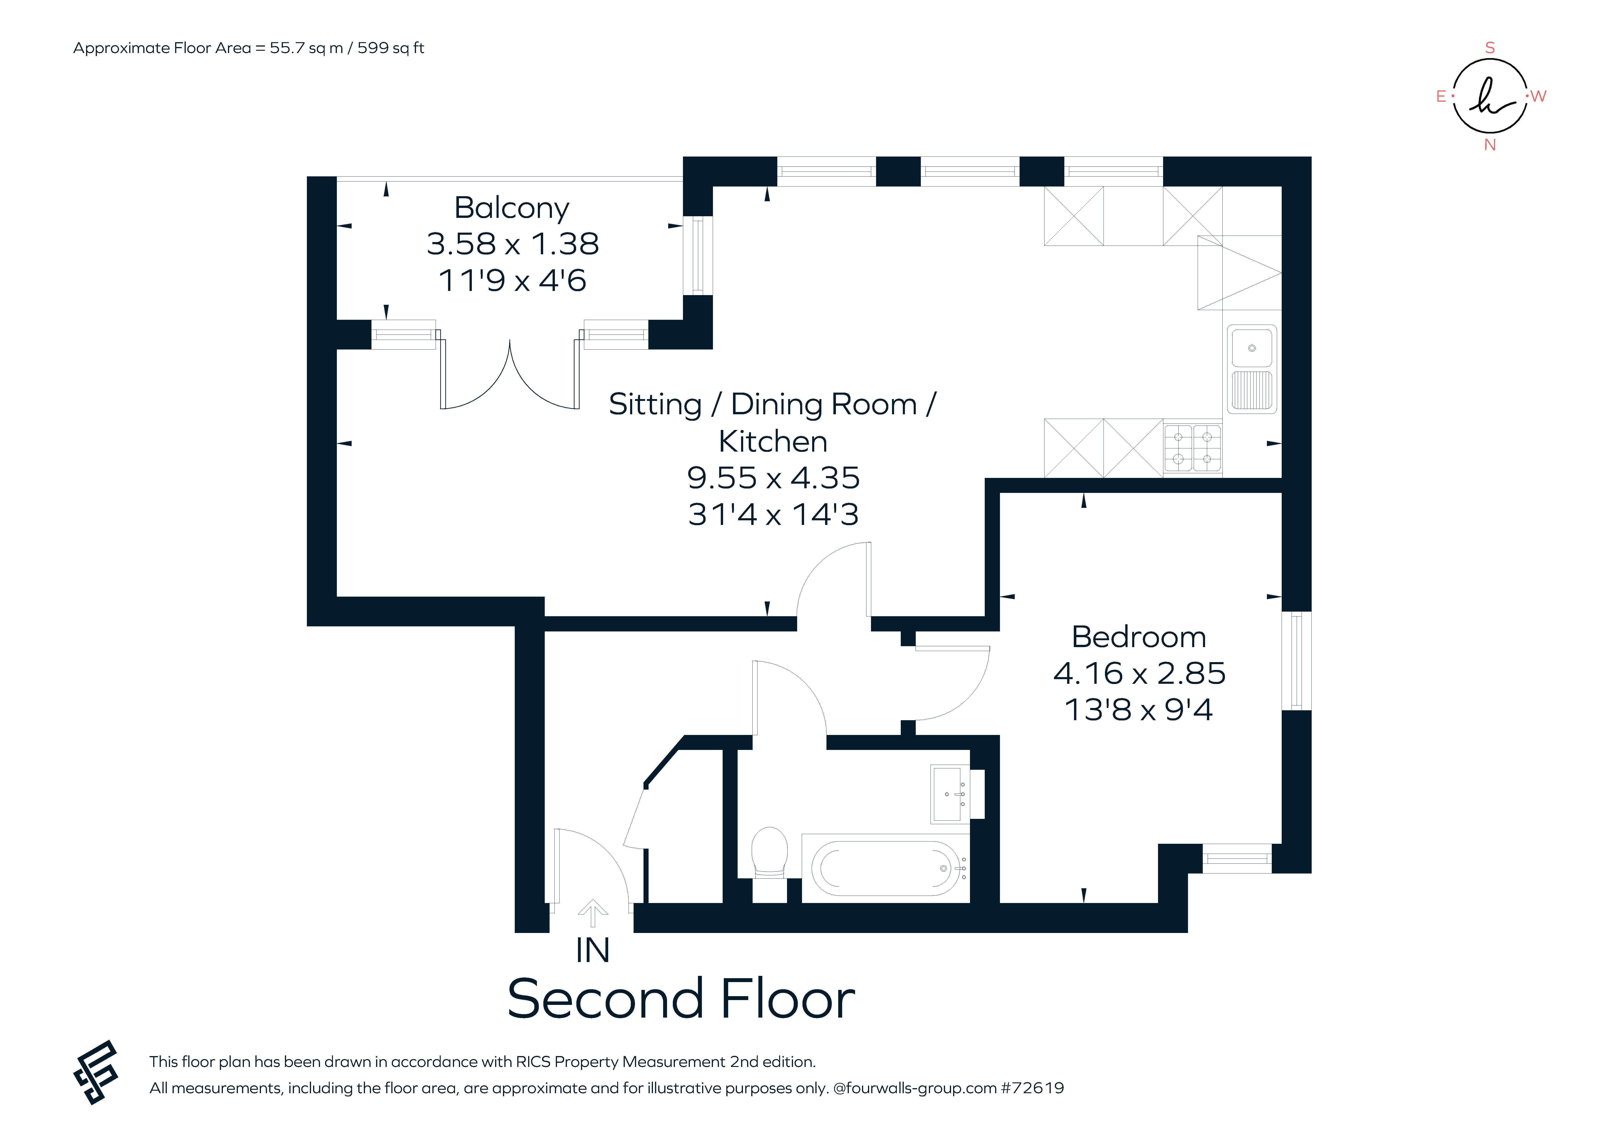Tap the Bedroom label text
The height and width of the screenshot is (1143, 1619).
tap(1139, 637)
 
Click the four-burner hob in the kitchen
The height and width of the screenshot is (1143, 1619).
tap(1192, 447)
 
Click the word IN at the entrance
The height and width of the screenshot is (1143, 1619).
tap(592, 951)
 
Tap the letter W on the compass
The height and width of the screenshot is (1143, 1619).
tap(1539, 97)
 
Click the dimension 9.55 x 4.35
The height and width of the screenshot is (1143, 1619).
tap(774, 478)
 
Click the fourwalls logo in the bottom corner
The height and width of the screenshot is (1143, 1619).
tap(96, 1072)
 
